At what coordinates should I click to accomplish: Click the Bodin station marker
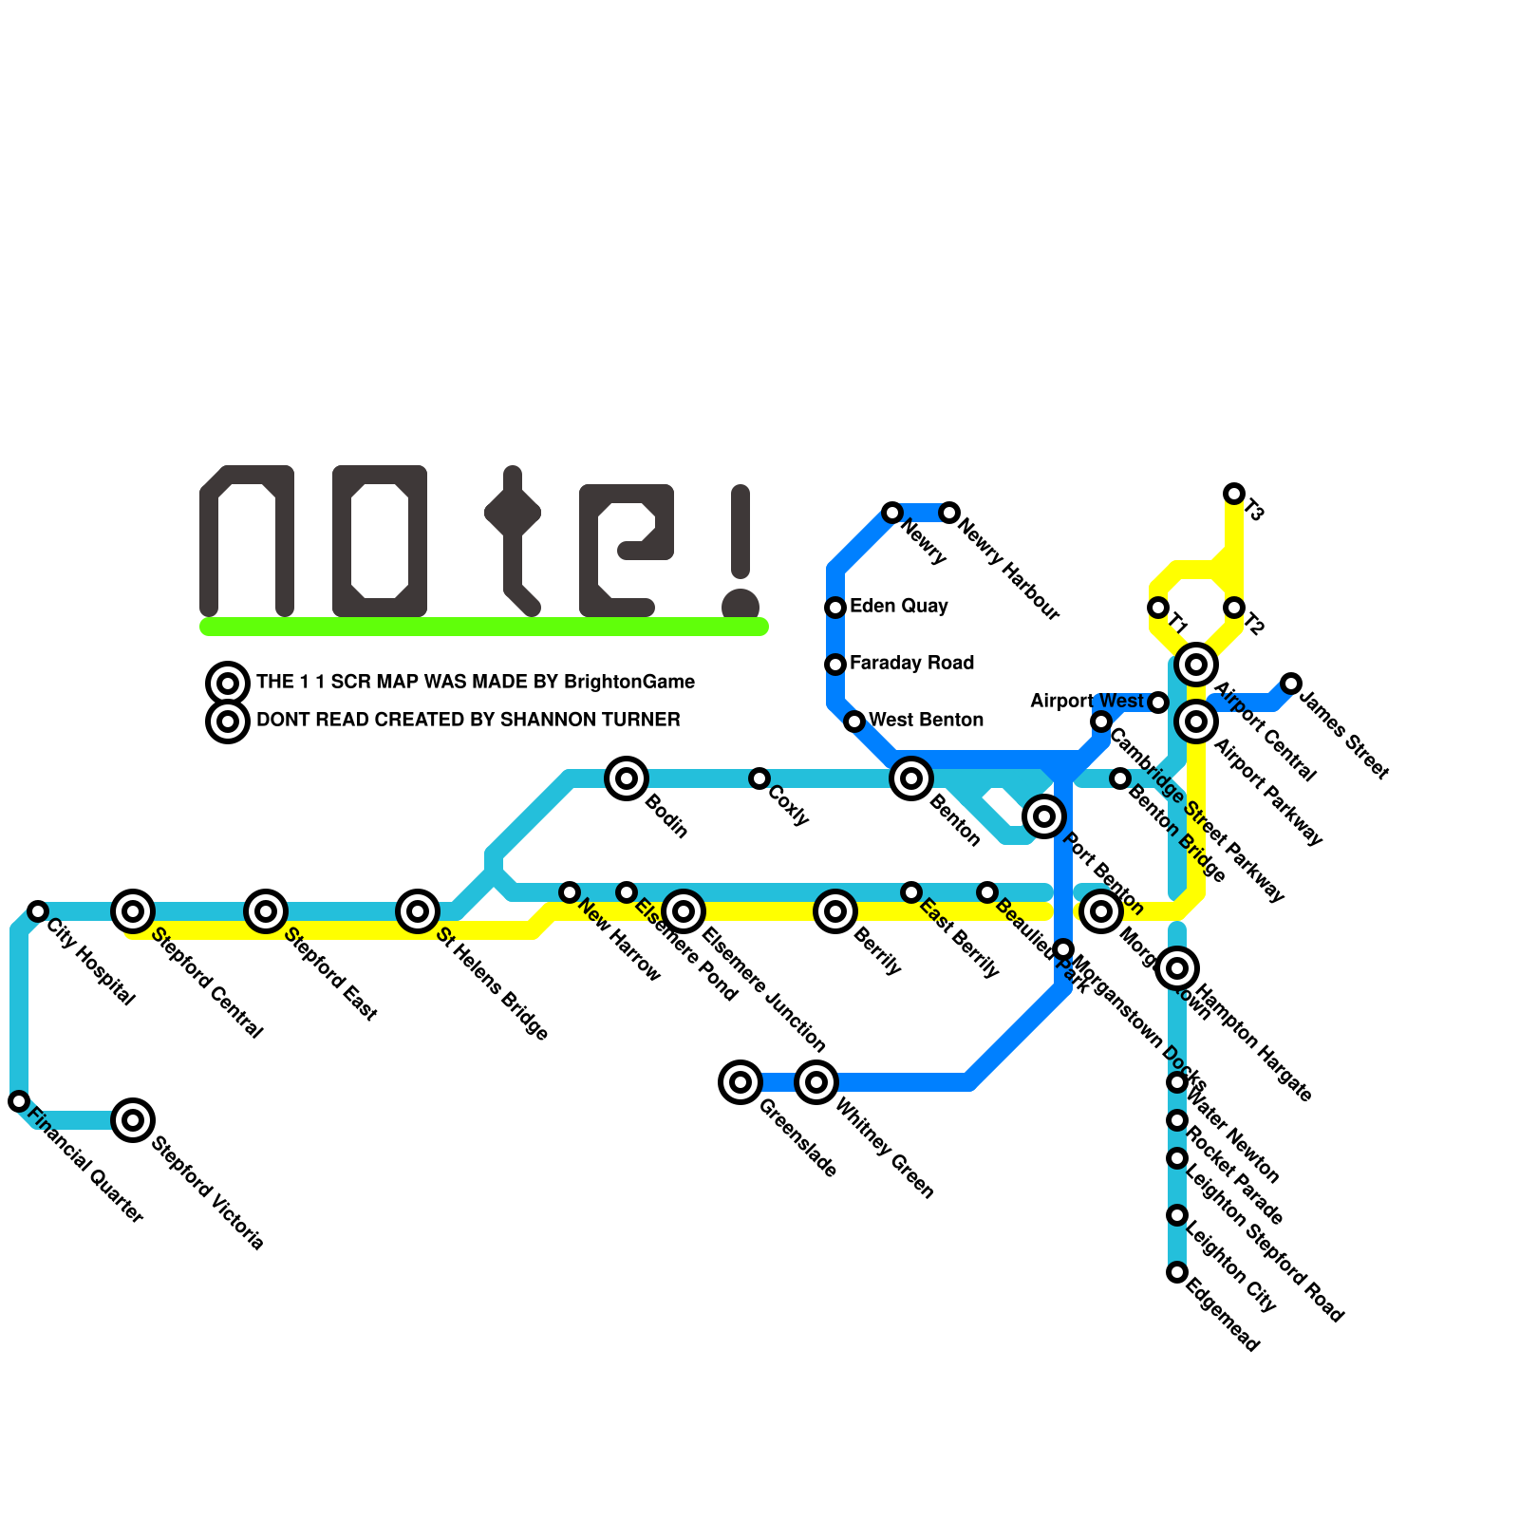tap(627, 778)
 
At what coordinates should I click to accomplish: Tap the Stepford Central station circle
tap(133, 911)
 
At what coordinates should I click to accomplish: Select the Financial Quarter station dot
tap(19, 1101)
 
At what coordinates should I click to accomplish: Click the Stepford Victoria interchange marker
tap(133, 1120)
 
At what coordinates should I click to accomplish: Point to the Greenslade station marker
tap(741, 1082)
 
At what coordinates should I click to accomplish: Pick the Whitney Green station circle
tap(816, 1082)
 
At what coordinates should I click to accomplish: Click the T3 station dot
tap(1234, 494)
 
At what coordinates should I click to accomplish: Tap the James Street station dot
tap(1291, 684)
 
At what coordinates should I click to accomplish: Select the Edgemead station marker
tap(1177, 1272)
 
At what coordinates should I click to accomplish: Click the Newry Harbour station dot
tap(949, 513)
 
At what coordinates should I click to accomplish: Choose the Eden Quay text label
tap(898, 606)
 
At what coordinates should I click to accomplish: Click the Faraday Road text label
tap(911, 663)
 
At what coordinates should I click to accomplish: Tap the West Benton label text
tap(926, 720)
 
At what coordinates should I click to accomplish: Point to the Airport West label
tap(1087, 701)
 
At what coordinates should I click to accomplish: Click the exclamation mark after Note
tap(741, 551)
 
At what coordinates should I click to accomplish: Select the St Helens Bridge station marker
tap(418, 911)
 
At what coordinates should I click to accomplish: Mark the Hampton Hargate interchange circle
tap(1177, 968)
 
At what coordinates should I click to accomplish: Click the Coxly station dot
tap(759, 778)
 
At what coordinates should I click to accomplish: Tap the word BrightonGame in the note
tap(628, 682)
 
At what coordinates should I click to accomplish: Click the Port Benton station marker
tap(1044, 816)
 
